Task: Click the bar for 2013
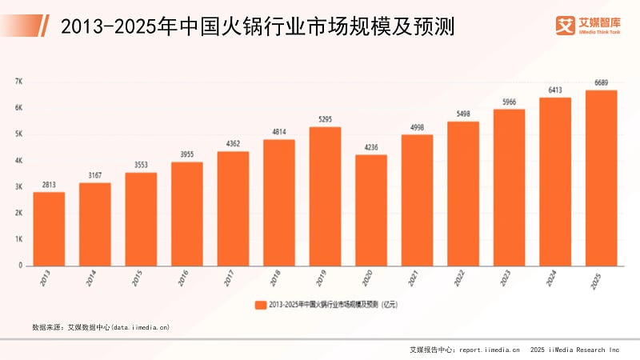click(49, 229)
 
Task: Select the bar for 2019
click(325, 196)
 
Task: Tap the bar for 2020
click(371, 210)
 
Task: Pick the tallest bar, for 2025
click(602, 178)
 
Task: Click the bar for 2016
click(187, 214)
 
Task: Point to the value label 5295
click(325, 121)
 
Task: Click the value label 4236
click(371, 148)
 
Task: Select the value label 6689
click(602, 84)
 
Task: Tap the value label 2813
click(49, 186)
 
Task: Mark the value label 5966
click(510, 102)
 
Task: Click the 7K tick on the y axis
click(18, 82)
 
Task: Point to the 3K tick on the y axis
click(18, 186)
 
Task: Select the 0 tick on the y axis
click(19, 265)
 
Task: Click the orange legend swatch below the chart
click(260, 305)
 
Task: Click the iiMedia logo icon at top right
click(566, 26)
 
